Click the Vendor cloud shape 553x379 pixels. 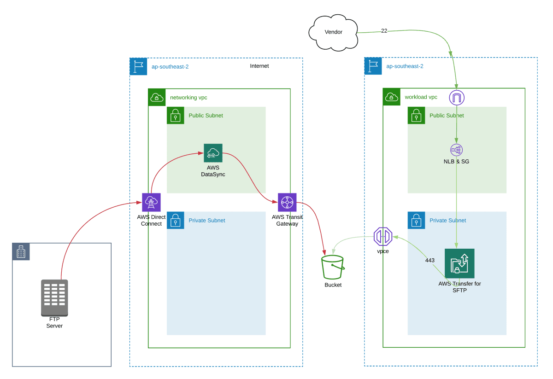pos(333,32)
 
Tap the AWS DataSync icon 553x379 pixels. pos(213,153)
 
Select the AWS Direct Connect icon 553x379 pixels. pos(151,202)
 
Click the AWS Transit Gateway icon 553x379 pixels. pos(287,202)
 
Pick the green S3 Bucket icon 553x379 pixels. pos(332,267)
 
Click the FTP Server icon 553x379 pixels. pos(54,297)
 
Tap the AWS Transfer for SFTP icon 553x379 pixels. pos(459,263)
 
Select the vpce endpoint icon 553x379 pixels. pos(382,237)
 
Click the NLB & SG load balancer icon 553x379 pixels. pos(456,150)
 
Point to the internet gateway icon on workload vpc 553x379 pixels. pos(457,98)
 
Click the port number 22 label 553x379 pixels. pos(384,31)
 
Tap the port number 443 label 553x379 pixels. pos(429,260)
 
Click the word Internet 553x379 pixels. pos(259,66)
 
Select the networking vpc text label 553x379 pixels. pos(188,98)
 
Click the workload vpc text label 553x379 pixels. pos(421,97)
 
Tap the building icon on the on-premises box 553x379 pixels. pos(21,251)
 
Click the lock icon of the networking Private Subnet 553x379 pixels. pos(175,221)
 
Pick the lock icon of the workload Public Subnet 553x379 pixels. pos(416,116)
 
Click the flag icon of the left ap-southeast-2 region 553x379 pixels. pos(138,66)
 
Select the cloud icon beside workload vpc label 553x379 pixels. pos(391,97)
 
